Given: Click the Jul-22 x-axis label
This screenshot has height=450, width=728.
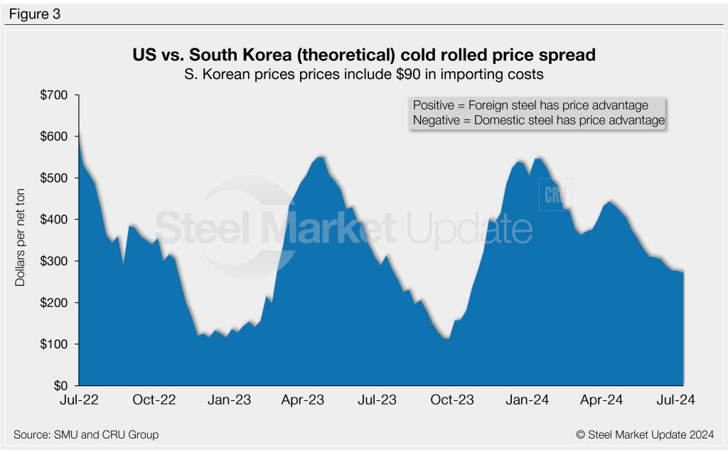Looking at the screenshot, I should [78, 400].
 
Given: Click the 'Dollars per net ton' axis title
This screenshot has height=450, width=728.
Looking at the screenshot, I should [20, 240].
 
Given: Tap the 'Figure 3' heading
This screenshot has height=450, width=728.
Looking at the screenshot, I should [35, 14].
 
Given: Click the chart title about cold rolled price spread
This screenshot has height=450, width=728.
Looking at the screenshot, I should [364, 55].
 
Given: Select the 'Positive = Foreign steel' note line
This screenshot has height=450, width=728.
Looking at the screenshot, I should [530, 105].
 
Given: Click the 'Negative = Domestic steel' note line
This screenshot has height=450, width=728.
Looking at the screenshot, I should [538, 121].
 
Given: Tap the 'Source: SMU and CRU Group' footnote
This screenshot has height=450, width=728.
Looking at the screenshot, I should [86, 434].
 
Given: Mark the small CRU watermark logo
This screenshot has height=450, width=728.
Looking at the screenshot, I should [554, 195].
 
